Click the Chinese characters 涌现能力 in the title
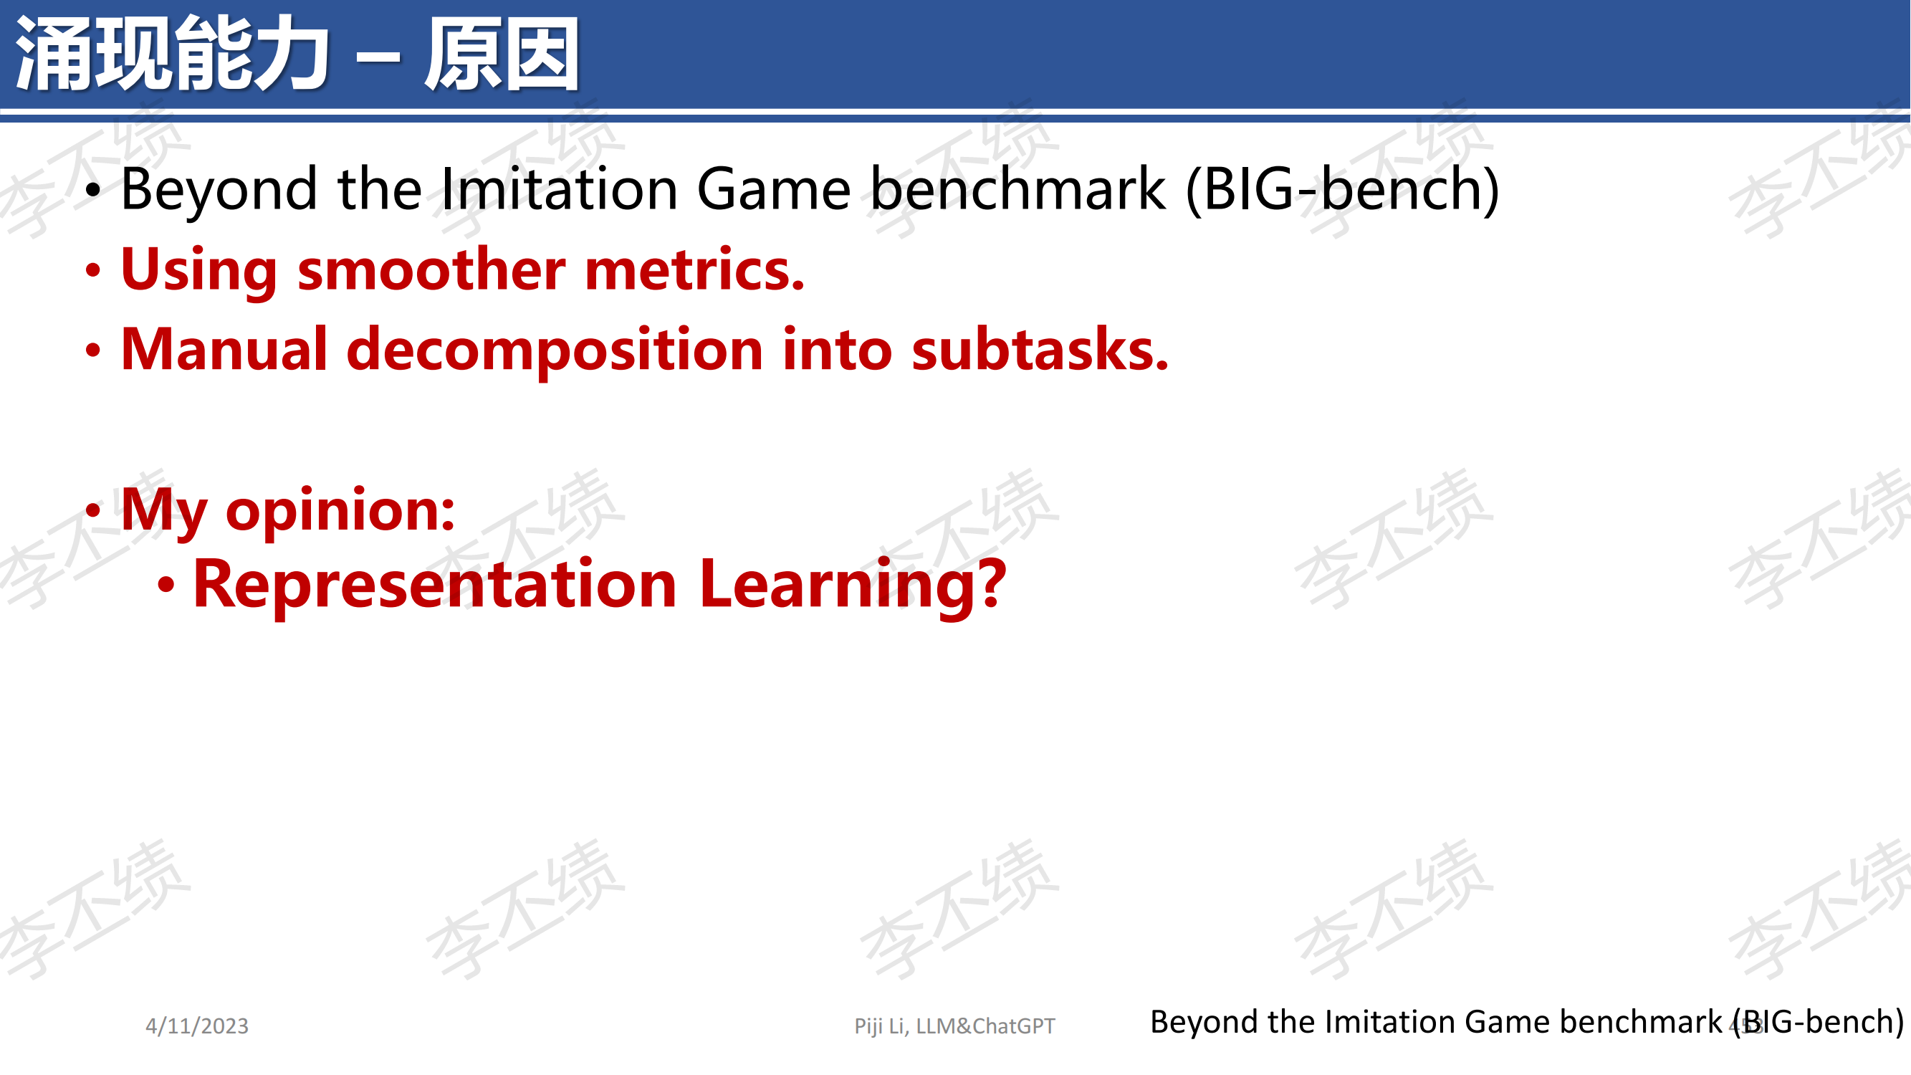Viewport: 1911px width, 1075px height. (x=172, y=54)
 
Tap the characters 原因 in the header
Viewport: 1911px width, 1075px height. (x=502, y=54)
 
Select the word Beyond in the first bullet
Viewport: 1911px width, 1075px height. (x=219, y=191)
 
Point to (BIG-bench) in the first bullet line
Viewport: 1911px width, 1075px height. (x=1343, y=191)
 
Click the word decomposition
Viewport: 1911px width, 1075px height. (x=555, y=350)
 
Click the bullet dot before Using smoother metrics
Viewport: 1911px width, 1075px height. (x=92, y=271)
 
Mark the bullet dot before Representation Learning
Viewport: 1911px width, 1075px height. (x=166, y=586)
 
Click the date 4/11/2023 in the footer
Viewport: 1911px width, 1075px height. (x=196, y=1026)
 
